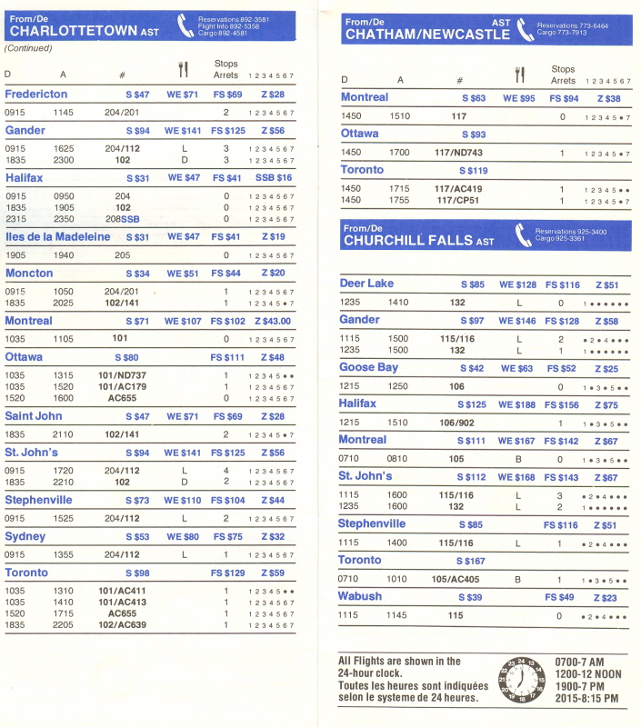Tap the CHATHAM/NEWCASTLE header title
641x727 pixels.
[x=426, y=35]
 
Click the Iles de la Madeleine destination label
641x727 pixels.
[x=57, y=237]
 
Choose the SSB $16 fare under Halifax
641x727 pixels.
[x=273, y=178]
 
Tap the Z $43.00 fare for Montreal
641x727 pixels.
[x=272, y=321]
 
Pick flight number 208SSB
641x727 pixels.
[x=123, y=219]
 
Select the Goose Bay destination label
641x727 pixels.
[x=368, y=367]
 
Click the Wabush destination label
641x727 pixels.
[x=360, y=596]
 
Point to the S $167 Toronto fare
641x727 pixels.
[x=471, y=561]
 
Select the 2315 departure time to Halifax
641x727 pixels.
[x=15, y=219]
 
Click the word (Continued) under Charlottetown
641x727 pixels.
[x=28, y=47]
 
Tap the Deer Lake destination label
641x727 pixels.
[x=367, y=284]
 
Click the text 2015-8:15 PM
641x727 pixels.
[x=587, y=698]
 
